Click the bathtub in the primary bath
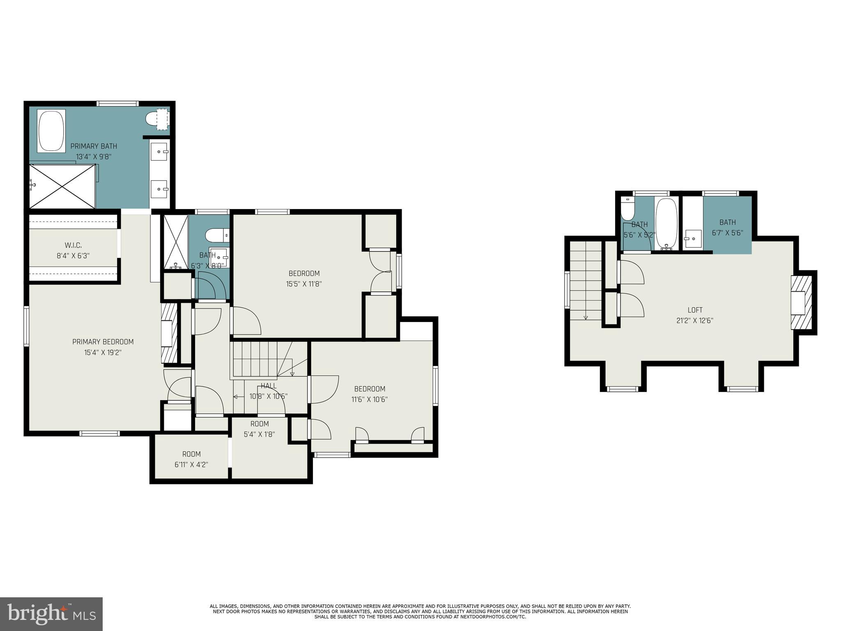(51, 131)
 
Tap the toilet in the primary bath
(154, 119)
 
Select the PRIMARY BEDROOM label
(103, 342)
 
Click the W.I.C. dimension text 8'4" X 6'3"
(73, 256)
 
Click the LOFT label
(695, 310)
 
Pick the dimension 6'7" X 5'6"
(727, 233)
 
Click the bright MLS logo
(51, 614)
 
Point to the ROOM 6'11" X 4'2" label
(191, 454)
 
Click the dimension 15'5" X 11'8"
(304, 284)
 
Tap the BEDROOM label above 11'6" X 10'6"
(370, 389)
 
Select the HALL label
(269, 386)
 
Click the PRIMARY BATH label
(94, 146)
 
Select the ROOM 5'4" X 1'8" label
(260, 424)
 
